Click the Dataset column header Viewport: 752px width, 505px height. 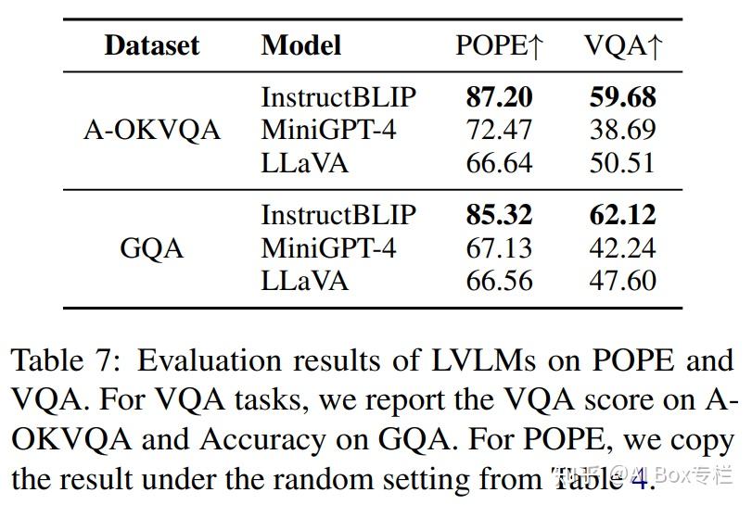click(x=152, y=45)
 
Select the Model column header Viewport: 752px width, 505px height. click(x=301, y=45)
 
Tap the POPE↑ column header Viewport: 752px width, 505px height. click(x=499, y=46)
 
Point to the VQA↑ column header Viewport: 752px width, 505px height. click(x=623, y=46)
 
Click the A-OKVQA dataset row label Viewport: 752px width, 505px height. click(x=152, y=130)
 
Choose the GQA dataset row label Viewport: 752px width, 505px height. click(x=152, y=248)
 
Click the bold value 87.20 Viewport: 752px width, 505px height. click(x=499, y=97)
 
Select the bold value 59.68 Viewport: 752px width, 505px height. click(x=623, y=97)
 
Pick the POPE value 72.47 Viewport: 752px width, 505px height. click(x=499, y=130)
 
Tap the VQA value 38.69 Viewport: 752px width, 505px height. click(x=623, y=130)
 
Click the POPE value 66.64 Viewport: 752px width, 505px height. click(x=499, y=163)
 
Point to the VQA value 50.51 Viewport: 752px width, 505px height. click(x=623, y=163)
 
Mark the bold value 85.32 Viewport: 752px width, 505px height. click(x=499, y=215)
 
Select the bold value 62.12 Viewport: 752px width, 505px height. click(x=623, y=215)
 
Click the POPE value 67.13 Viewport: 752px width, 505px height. click(x=499, y=248)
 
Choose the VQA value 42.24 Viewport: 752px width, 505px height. click(x=623, y=248)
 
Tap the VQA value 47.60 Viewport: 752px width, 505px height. click(x=623, y=281)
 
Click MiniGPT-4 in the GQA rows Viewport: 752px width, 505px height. click(x=328, y=248)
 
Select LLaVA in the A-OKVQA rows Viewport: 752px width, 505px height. click(x=305, y=163)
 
